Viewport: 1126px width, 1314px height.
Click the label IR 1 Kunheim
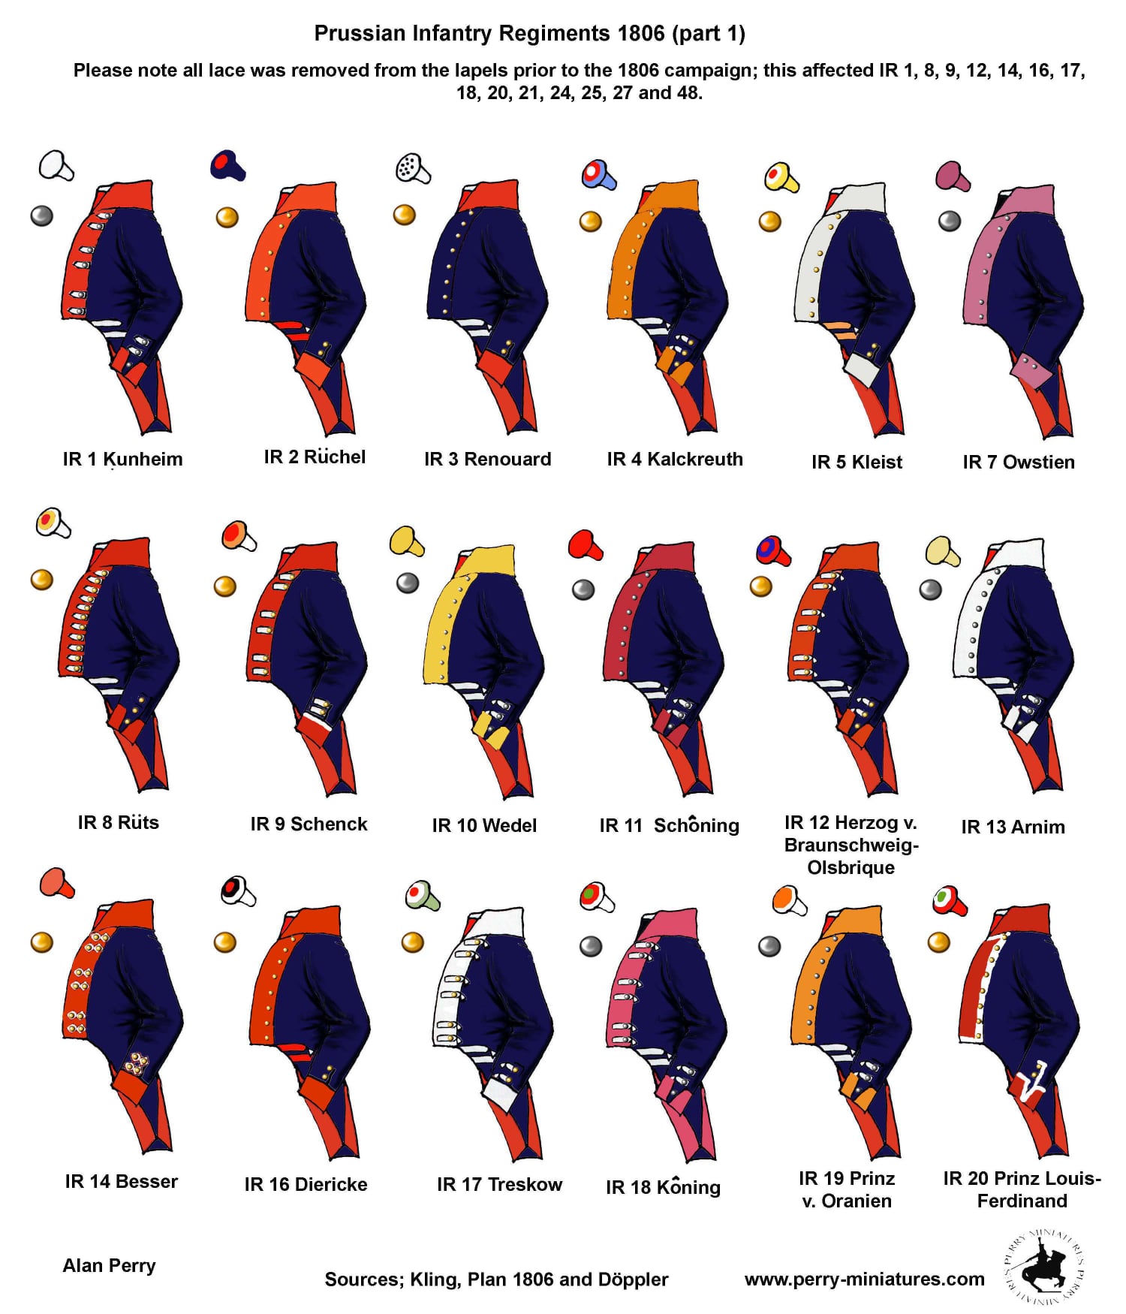(122, 459)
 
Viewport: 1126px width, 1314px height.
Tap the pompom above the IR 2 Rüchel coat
(227, 166)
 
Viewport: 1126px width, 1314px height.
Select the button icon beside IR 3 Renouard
(405, 215)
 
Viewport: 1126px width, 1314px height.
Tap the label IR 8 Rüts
(119, 822)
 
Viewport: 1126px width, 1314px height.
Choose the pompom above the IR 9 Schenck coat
(239, 535)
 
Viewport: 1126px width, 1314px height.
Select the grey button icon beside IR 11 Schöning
(583, 589)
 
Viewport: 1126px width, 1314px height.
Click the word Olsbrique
(851, 867)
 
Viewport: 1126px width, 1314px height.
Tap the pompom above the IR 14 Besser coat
(57, 882)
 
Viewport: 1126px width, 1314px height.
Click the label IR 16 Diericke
(306, 1184)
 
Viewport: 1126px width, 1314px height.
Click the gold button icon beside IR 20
(939, 942)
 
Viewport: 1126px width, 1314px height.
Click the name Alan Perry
(109, 1266)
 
